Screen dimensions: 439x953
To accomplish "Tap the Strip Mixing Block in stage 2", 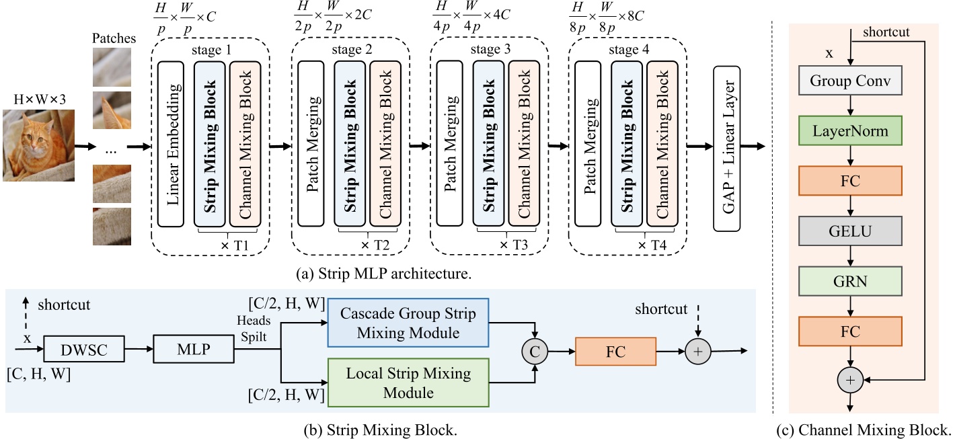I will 350,145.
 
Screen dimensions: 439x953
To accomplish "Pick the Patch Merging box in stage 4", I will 593,145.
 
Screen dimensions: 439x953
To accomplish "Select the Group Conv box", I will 850,82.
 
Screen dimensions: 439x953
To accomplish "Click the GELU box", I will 850,232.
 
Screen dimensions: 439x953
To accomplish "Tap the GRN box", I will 850,282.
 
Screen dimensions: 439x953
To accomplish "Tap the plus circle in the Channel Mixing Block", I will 850,381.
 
